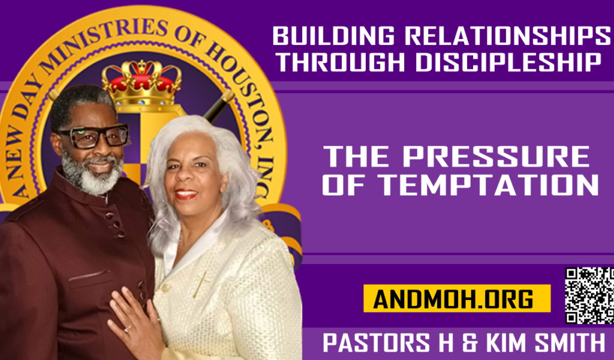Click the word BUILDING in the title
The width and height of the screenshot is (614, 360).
[333, 36]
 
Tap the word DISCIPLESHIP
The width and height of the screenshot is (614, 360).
[508, 62]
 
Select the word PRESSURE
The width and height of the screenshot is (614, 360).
[496, 157]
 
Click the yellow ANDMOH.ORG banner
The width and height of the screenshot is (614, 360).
[457, 298]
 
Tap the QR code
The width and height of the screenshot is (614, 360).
[589, 296]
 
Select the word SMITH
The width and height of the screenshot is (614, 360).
[570, 343]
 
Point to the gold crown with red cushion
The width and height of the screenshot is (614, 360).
[142, 83]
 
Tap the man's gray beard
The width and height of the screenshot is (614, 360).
[92, 175]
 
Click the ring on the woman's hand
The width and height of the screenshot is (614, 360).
[128, 329]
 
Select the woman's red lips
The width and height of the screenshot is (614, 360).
[186, 194]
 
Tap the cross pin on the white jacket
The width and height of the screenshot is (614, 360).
[201, 283]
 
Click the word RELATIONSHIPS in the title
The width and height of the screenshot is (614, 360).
[507, 36]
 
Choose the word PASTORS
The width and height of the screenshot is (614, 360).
[377, 343]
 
